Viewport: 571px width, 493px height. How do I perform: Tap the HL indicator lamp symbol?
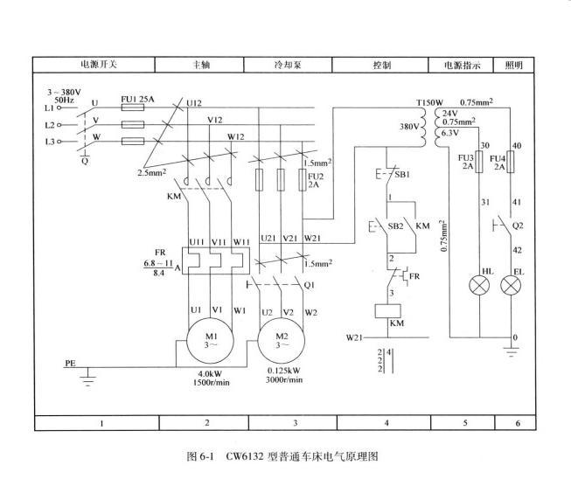click(479, 286)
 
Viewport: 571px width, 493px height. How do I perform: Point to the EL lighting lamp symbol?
click(511, 286)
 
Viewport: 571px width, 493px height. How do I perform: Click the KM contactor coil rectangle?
click(388, 311)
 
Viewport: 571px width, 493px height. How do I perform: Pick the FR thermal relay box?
click(216, 260)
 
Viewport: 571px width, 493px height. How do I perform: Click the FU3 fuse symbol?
click(479, 162)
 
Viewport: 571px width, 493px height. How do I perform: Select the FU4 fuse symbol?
click(511, 162)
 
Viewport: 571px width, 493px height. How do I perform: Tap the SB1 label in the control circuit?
click(402, 175)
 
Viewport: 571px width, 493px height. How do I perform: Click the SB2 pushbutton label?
click(395, 226)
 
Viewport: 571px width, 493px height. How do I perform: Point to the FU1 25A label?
click(137, 99)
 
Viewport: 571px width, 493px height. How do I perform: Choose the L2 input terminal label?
click(50, 125)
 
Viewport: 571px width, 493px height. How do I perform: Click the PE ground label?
click(70, 363)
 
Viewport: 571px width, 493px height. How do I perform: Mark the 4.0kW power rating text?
click(210, 373)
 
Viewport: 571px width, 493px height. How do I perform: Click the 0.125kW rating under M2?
click(284, 371)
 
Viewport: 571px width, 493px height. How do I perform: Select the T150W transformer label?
click(429, 102)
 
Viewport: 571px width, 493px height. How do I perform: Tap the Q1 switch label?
click(309, 285)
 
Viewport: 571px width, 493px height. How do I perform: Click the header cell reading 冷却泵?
click(288, 66)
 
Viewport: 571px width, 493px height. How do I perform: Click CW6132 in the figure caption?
click(244, 456)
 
